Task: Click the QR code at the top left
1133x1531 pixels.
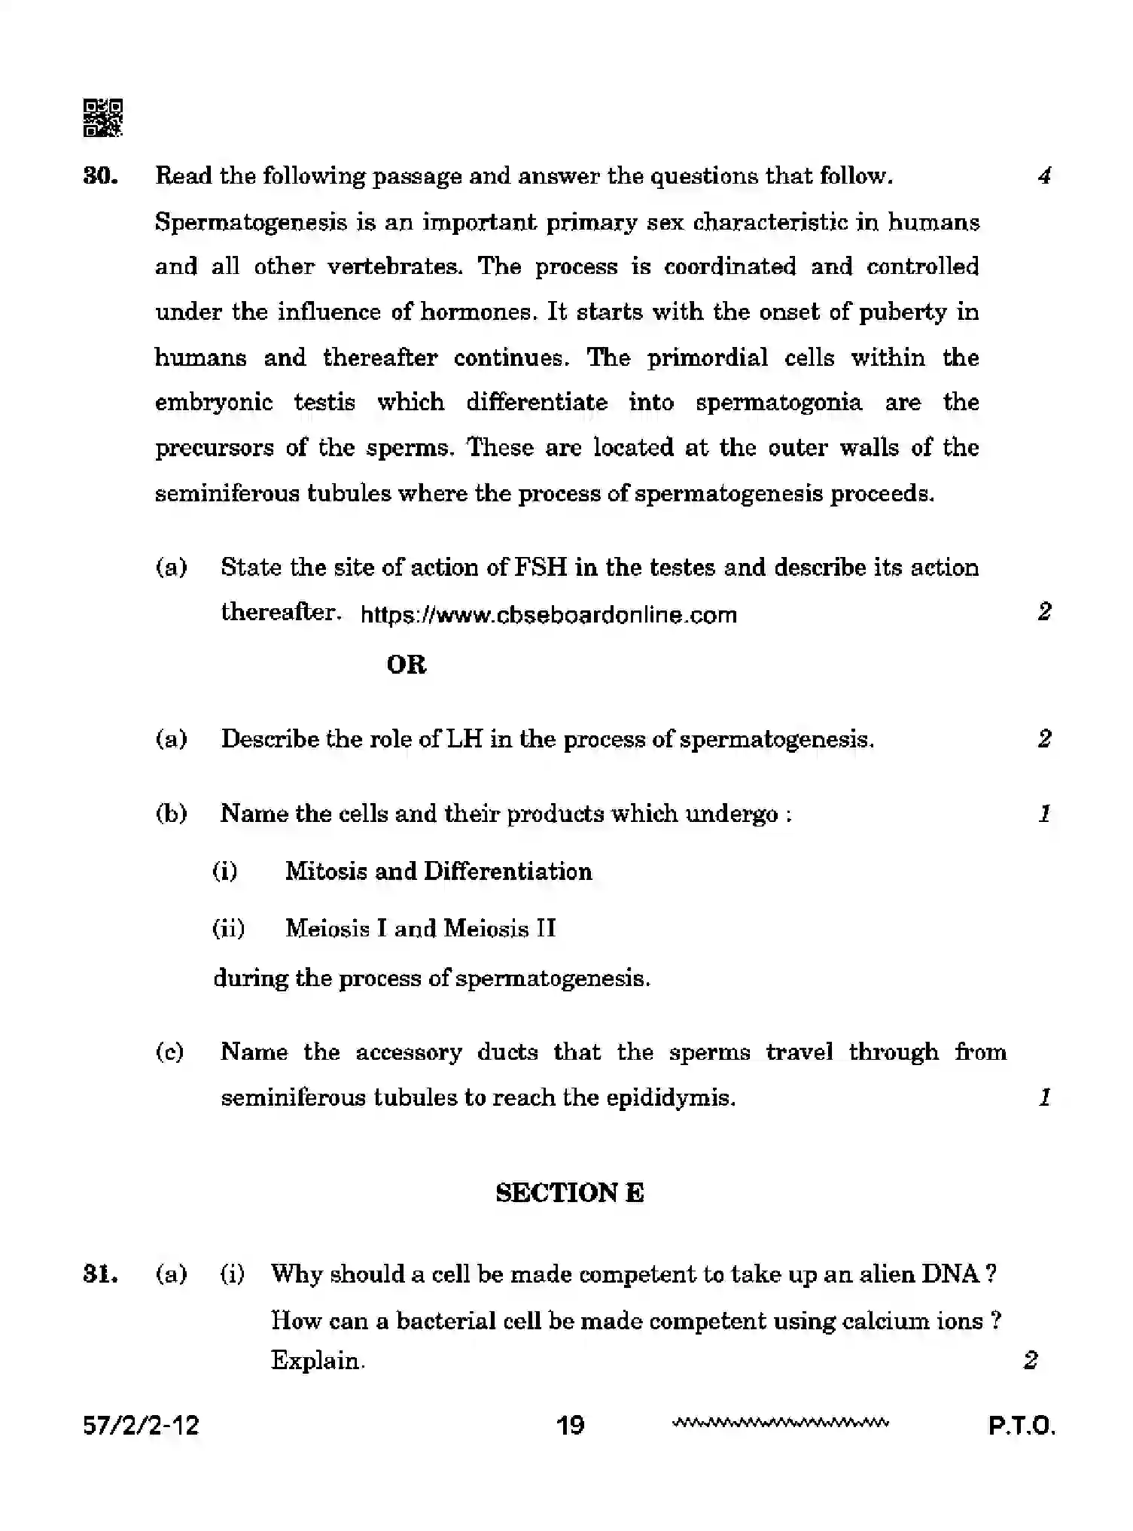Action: tap(102, 118)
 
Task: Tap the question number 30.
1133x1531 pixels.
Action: tap(100, 176)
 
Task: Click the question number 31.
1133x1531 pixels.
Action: tap(100, 1274)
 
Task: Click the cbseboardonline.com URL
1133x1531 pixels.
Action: tap(548, 615)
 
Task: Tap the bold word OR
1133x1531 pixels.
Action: tap(406, 665)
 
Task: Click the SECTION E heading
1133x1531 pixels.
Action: tap(569, 1193)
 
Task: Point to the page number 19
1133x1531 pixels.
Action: tap(570, 1425)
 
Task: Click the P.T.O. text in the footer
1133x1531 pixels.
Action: tap(1022, 1426)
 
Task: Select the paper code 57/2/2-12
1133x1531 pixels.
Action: tap(141, 1425)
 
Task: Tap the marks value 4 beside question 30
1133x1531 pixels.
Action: tap(1043, 176)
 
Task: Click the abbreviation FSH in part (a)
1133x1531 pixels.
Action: tap(541, 567)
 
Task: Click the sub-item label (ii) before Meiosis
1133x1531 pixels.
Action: tap(228, 928)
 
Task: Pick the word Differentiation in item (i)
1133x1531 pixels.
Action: tap(507, 872)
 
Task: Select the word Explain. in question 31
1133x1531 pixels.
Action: tap(318, 1360)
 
